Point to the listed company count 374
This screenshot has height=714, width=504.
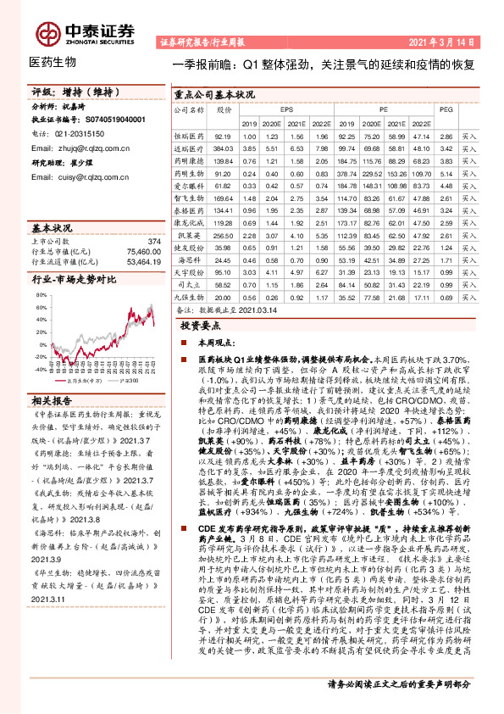coord(153,242)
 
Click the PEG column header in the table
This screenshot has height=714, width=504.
coord(446,109)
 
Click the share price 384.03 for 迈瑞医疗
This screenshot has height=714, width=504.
coord(224,148)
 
